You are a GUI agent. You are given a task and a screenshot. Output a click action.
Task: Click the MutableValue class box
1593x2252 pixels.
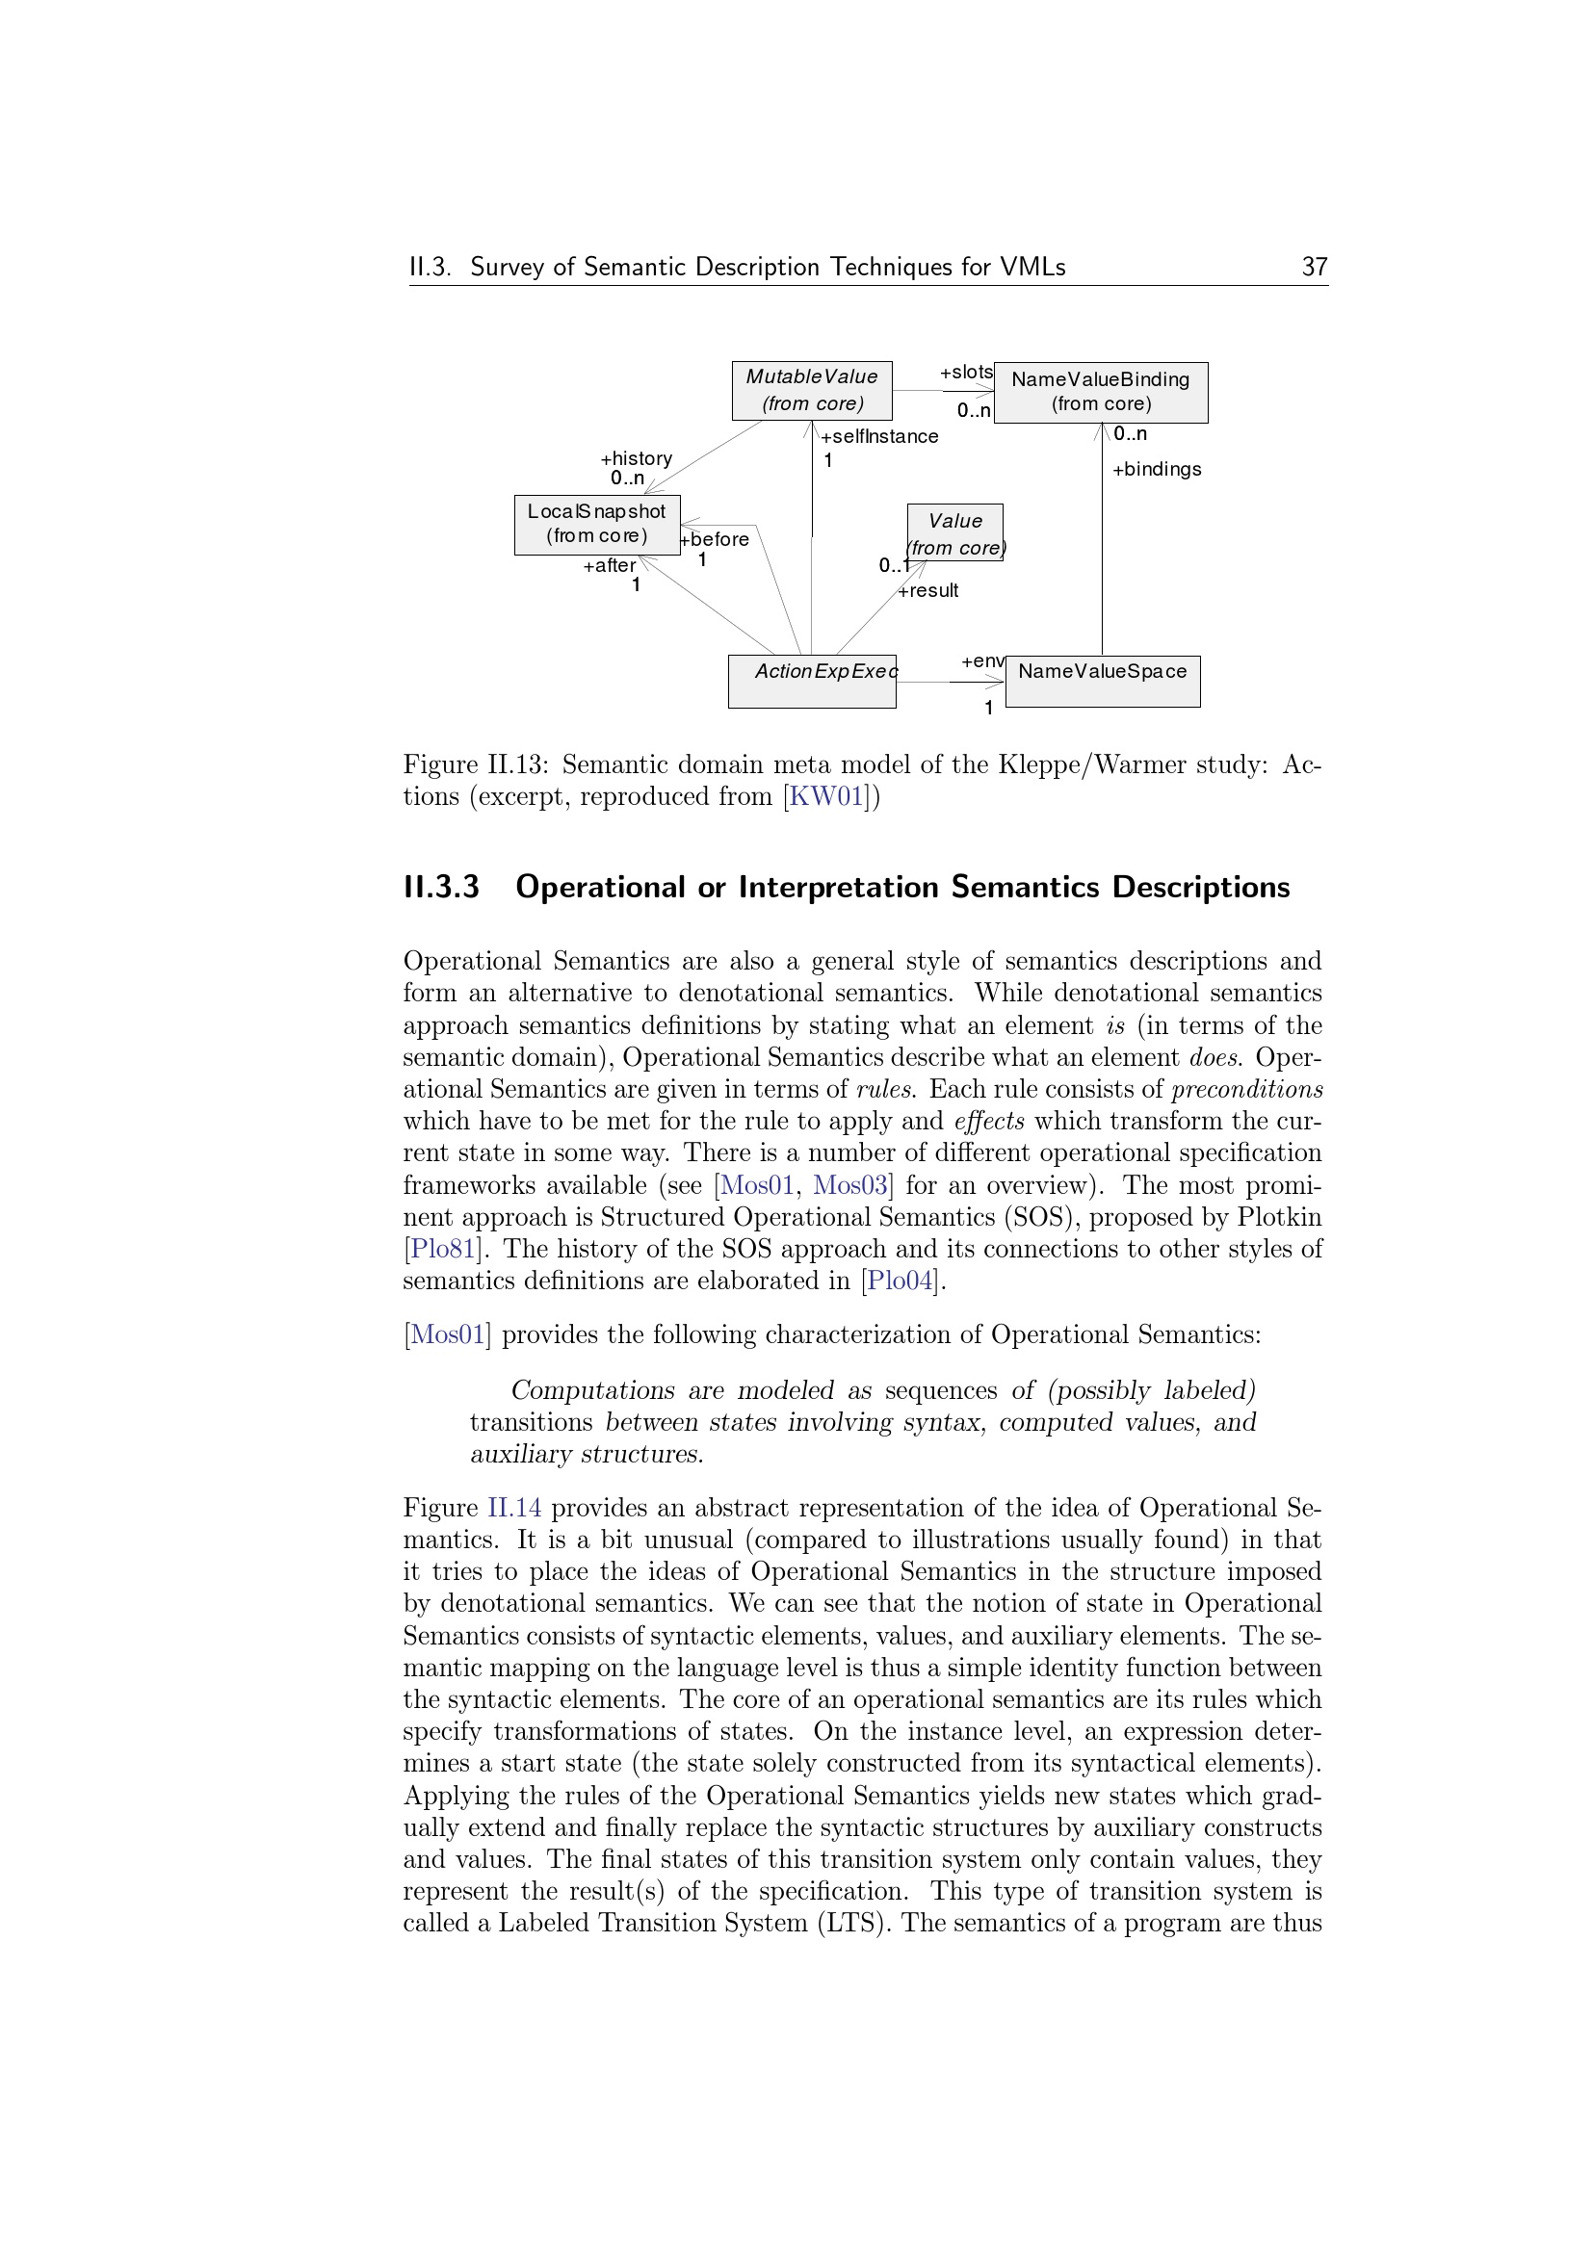click(811, 390)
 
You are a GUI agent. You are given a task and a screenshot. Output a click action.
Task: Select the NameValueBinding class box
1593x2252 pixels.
click(1101, 392)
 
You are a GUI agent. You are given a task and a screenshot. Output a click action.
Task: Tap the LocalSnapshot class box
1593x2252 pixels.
click(596, 525)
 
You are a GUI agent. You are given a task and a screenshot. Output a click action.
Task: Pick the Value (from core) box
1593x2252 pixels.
click(955, 533)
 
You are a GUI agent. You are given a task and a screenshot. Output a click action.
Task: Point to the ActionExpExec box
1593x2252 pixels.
click(811, 681)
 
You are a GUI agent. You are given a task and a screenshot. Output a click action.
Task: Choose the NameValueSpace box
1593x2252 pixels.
click(1103, 681)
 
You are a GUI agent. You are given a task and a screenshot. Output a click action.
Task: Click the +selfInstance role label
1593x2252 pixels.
click(880, 436)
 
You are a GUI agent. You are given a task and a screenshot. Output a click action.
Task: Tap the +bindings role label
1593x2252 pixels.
click(1157, 470)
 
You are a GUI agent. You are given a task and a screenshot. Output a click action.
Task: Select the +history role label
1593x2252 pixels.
click(637, 458)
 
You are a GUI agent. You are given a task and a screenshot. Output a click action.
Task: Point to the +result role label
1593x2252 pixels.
click(928, 590)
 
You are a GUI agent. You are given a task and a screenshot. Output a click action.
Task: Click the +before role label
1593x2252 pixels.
click(715, 539)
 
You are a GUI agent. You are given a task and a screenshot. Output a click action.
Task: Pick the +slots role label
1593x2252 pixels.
click(966, 373)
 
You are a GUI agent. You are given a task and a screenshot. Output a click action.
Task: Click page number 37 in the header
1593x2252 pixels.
click(1315, 267)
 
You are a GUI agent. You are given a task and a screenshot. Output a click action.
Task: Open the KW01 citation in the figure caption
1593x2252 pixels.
click(827, 796)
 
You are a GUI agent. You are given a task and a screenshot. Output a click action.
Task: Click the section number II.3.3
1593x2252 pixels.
click(441, 887)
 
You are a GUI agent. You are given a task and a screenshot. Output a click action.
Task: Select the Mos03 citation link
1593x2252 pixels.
click(849, 1185)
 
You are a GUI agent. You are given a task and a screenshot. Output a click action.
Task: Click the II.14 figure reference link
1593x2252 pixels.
click(515, 1508)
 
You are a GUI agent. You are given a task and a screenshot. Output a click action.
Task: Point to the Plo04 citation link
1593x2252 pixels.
click(901, 1281)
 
